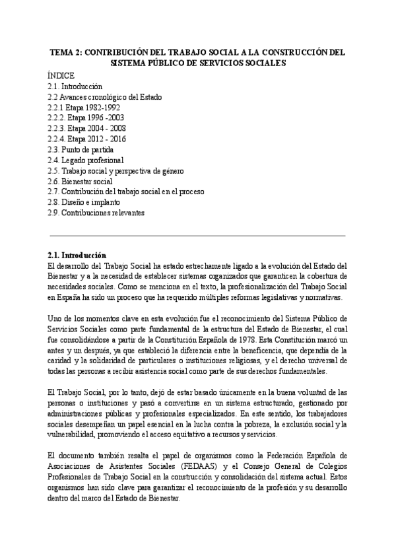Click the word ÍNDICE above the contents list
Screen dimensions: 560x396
61,75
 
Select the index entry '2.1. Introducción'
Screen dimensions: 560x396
75,87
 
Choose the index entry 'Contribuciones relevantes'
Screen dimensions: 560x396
95,213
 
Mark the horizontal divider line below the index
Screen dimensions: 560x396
197,235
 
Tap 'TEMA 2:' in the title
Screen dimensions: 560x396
66,52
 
